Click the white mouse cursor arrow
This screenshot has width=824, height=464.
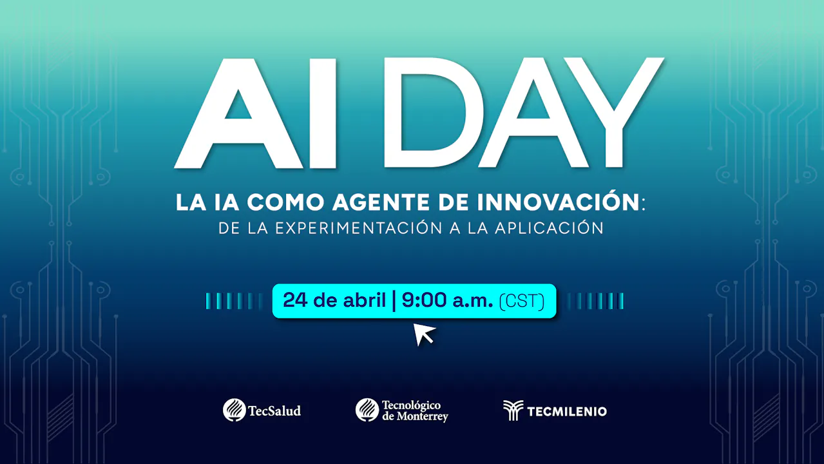coord(423,334)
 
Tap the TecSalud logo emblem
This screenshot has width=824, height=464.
coord(234,410)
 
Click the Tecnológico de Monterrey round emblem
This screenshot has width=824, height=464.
coord(367,410)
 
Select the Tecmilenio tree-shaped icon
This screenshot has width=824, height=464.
coord(513,411)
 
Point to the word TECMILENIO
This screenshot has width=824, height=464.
coord(566,411)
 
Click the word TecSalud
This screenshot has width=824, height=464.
coord(274,411)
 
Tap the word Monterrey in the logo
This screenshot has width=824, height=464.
coord(423,416)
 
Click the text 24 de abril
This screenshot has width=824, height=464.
coord(334,300)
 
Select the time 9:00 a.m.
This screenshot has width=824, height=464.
coord(447,300)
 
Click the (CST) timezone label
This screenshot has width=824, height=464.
coord(522,301)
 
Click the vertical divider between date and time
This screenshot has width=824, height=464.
coord(394,301)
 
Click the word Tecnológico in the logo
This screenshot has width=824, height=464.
coord(411,405)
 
